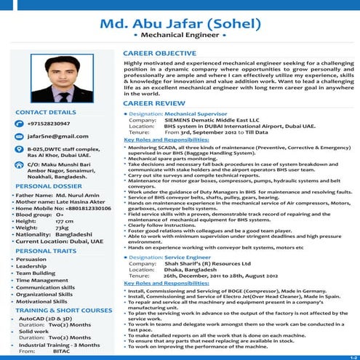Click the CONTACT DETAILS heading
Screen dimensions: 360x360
(x=45, y=113)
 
